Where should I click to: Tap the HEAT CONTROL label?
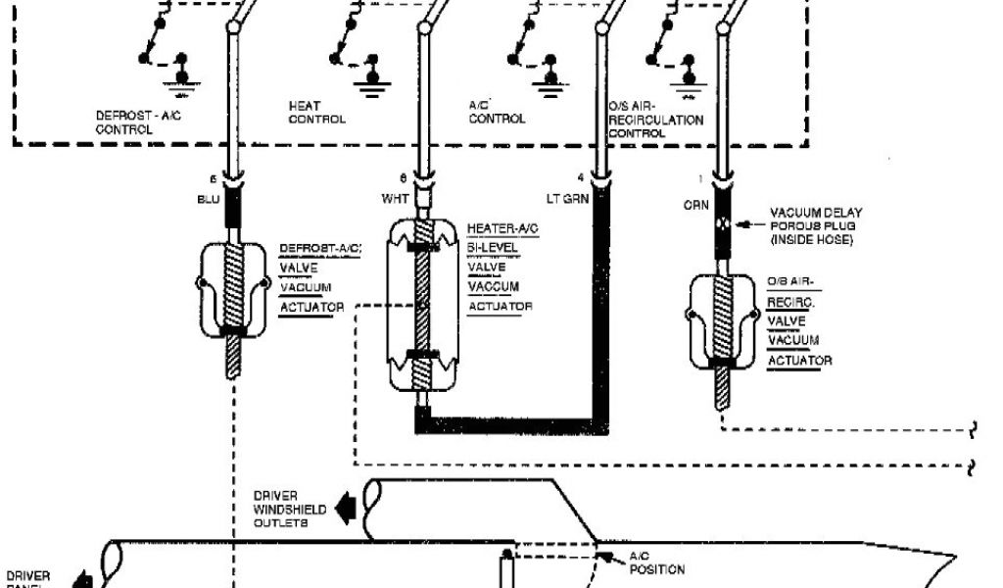(316, 112)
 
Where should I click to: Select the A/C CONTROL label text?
(498, 112)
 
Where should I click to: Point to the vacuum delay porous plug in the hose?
(723, 222)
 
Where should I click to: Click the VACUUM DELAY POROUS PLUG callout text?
(815, 224)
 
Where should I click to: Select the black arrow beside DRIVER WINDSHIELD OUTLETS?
(344, 508)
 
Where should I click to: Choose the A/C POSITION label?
(656, 562)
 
